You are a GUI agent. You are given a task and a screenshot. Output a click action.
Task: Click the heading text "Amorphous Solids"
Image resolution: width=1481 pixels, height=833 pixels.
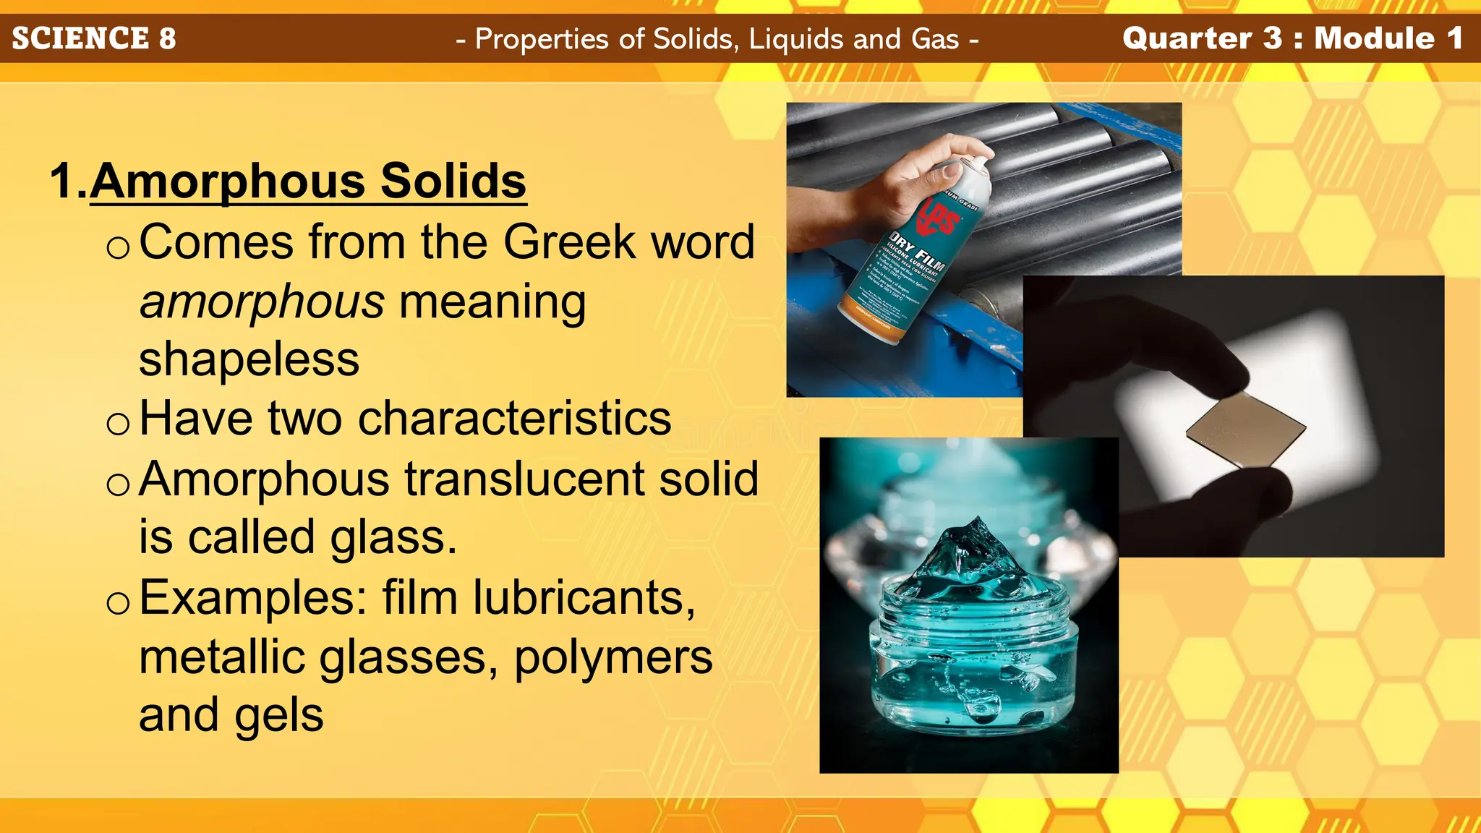pyautogui.click(x=308, y=181)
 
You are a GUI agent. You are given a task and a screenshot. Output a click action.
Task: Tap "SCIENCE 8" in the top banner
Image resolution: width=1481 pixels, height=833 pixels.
pyautogui.click(x=94, y=38)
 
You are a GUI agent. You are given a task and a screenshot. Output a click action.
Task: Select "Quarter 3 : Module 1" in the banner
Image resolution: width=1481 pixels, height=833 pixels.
pyautogui.click(x=1292, y=38)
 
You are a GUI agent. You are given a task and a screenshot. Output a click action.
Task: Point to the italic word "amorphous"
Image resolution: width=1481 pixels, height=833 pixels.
pyautogui.click(x=262, y=301)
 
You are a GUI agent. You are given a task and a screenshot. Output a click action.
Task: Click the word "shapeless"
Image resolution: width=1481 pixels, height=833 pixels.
pyautogui.click(x=249, y=359)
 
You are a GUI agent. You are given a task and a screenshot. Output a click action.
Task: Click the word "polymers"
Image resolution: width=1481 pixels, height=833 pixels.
pyautogui.click(x=613, y=657)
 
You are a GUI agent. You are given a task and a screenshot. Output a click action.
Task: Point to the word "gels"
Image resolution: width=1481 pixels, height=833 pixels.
pyautogui.click(x=278, y=715)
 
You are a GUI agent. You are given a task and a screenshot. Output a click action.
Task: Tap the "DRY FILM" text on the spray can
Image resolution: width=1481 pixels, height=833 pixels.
pyautogui.click(x=917, y=253)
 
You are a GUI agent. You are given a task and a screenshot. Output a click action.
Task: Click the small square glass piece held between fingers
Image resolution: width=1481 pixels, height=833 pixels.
pyautogui.click(x=1245, y=429)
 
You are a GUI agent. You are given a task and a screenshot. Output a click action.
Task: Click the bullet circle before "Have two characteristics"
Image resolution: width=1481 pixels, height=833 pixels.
pyautogui.click(x=118, y=423)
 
